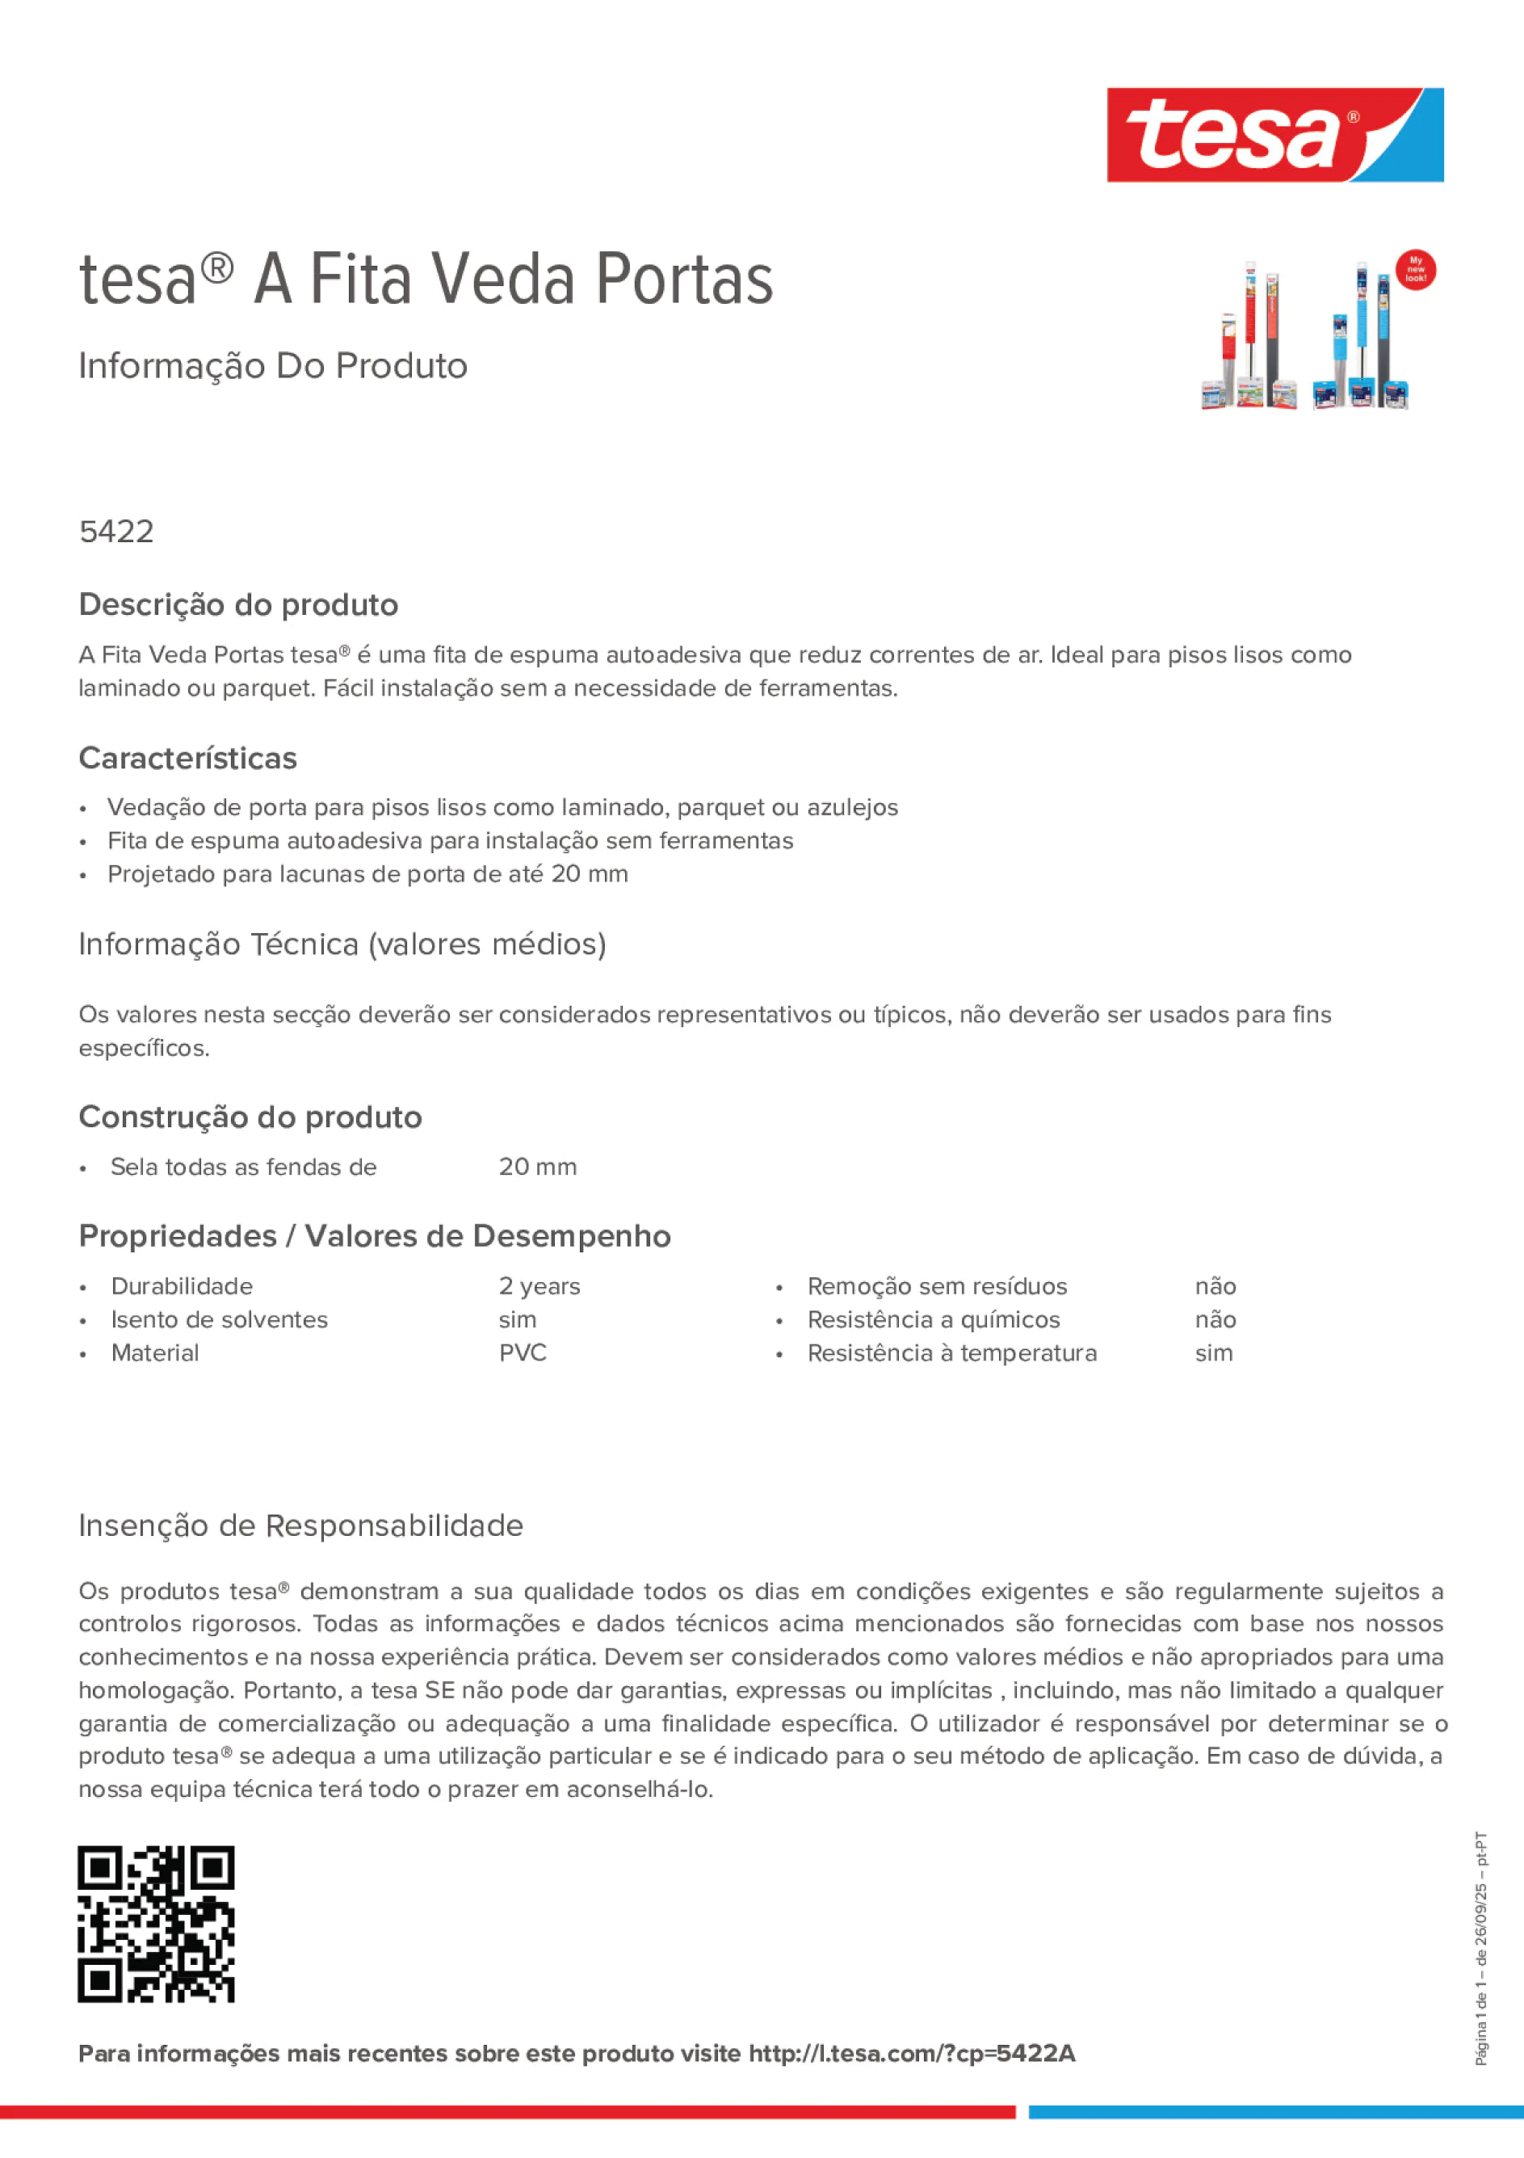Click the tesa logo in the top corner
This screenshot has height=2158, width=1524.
pos(1274,136)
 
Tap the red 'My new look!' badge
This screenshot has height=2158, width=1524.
pos(1415,270)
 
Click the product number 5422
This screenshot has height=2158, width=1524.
pos(116,532)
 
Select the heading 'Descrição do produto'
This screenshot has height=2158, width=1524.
pos(238,605)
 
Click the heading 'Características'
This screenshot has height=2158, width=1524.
pos(188,759)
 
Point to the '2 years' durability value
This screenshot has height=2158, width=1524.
pos(539,1287)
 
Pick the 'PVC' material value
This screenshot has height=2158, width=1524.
pos(523,1353)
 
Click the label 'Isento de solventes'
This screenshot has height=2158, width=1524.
pos(219,1320)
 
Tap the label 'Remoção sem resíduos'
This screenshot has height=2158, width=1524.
pos(937,1287)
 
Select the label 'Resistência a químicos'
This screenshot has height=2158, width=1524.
pos(933,1320)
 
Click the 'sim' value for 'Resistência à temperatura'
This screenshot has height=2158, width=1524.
pos(1214,1353)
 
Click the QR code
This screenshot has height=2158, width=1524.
pos(156,1924)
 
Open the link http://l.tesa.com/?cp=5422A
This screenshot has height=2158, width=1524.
pos(911,2054)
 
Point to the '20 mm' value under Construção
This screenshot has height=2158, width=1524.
pos(537,1167)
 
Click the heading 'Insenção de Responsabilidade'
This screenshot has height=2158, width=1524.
pos(300,1525)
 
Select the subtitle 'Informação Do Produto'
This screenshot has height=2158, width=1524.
pos(272,367)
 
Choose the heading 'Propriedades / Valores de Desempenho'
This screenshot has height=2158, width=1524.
pos(375,1237)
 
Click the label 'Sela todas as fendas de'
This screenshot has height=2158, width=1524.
pos(243,1167)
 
